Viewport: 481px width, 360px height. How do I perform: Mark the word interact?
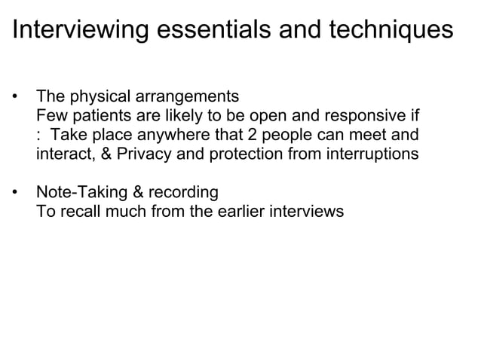point(63,154)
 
